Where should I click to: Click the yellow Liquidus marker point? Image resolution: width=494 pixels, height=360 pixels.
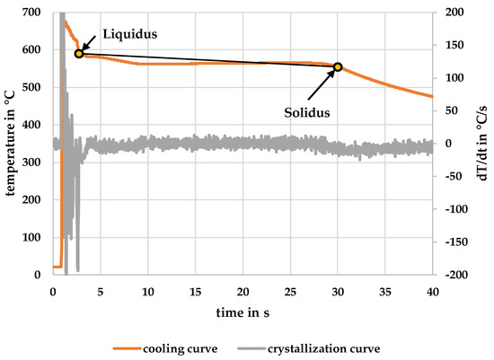[x=79, y=54]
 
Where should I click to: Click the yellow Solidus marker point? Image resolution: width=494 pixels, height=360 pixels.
[x=338, y=66]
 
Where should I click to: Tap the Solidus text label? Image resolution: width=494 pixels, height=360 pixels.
[x=303, y=113]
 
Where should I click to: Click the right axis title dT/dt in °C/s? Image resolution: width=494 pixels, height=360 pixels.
[x=482, y=144]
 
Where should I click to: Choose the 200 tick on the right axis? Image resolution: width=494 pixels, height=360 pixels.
[x=449, y=12]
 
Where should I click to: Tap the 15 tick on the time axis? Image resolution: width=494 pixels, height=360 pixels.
[x=195, y=292]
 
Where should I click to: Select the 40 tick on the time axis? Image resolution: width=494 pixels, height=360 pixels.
[x=432, y=292]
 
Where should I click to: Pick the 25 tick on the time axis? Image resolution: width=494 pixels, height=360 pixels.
[x=290, y=292]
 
